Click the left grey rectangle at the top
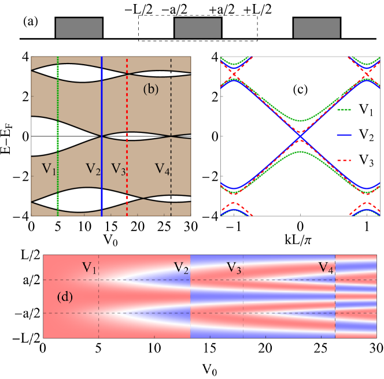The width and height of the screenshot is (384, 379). coord(79,28)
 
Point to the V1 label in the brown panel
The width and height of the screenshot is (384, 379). coord(49,169)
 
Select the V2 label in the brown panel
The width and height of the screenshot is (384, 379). coord(93,169)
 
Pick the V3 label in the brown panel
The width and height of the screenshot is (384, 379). coord(118,169)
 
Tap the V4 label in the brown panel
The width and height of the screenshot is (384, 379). coord(163,169)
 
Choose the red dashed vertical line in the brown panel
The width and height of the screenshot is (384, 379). coord(127,116)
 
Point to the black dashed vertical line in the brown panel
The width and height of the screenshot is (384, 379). coord(171,116)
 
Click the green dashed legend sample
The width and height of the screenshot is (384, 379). coord(344,110)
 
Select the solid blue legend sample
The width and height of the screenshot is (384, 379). coord(344,135)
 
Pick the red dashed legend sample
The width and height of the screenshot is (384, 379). coord(344,160)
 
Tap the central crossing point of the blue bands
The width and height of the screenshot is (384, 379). coord(300,136)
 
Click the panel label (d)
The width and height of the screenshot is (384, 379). coord(65,297)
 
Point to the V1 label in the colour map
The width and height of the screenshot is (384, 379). coord(88,267)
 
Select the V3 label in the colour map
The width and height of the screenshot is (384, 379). coord(234,267)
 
